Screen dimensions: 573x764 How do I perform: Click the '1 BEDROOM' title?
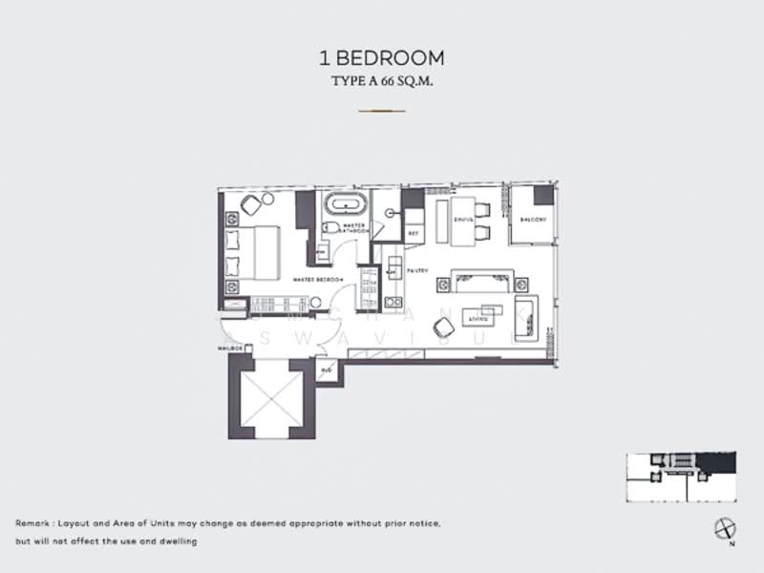382,59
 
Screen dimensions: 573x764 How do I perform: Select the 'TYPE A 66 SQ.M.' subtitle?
382,82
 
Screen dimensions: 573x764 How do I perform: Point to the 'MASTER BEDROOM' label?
317,279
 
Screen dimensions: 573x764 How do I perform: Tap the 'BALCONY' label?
532,220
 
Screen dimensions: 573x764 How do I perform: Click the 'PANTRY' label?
415,271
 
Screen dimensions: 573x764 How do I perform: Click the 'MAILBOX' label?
231,349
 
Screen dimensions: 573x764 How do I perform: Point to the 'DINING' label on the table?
464,220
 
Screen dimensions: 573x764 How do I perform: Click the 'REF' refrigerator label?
413,232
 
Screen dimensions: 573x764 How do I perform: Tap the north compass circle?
722,527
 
